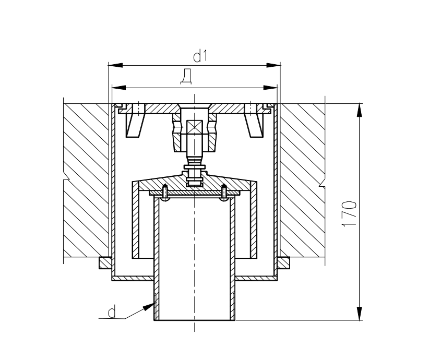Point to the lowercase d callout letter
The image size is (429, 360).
point(111,313)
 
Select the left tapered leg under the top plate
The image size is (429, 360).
point(135,124)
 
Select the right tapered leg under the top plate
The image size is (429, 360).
point(254,124)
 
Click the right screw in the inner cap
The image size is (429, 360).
point(224,192)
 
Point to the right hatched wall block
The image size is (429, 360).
point(303,180)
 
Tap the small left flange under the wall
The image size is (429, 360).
point(105,262)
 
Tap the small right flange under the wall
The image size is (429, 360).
point(284,262)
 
